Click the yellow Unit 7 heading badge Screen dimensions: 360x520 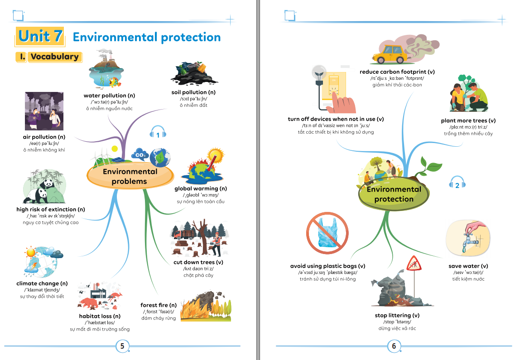[x=39, y=36]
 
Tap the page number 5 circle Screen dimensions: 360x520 [x=122, y=346]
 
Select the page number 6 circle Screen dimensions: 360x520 [x=394, y=346]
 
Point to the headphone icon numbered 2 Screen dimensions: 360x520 [x=457, y=184]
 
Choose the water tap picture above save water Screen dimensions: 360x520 [x=467, y=238]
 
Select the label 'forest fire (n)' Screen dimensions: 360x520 [x=159, y=305]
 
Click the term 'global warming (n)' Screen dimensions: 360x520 [x=201, y=188]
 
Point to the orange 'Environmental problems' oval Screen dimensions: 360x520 [x=130, y=177]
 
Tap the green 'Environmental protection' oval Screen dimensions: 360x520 [x=394, y=194]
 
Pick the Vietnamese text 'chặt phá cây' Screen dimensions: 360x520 [x=198, y=275]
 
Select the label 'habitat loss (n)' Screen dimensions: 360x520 [x=100, y=316]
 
